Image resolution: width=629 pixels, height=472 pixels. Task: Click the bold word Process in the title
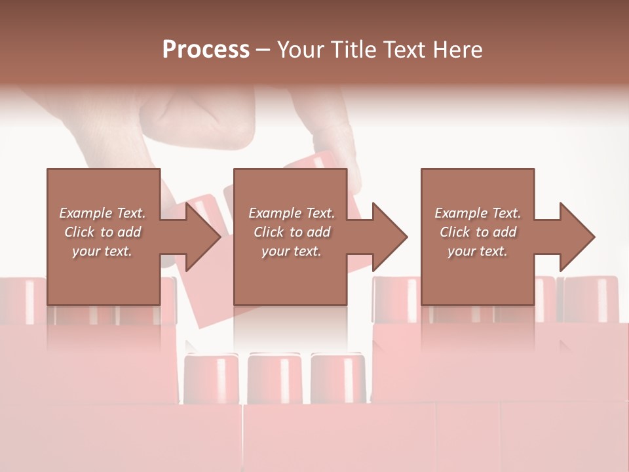click(x=206, y=50)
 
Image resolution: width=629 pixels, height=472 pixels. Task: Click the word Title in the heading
click(x=354, y=50)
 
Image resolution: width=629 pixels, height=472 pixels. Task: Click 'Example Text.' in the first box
click(x=102, y=213)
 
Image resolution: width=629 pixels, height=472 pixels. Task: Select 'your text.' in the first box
click(x=102, y=251)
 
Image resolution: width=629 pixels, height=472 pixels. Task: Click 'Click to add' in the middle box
click(x=292, y=232)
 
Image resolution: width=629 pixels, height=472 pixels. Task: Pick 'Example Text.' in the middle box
click(x=292, y=213)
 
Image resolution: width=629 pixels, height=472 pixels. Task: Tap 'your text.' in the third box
click(x=478, y=251)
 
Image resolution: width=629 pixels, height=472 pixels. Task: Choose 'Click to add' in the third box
click(x=478, y=232)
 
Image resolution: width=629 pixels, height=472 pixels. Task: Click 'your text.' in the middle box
click(x=292, y=251)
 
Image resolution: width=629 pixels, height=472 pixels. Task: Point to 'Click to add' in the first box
click(x=102, y=232)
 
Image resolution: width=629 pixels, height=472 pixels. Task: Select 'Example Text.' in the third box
click(x=478, y=213)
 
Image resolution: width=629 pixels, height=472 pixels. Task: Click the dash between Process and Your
click(x=263, y=50)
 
